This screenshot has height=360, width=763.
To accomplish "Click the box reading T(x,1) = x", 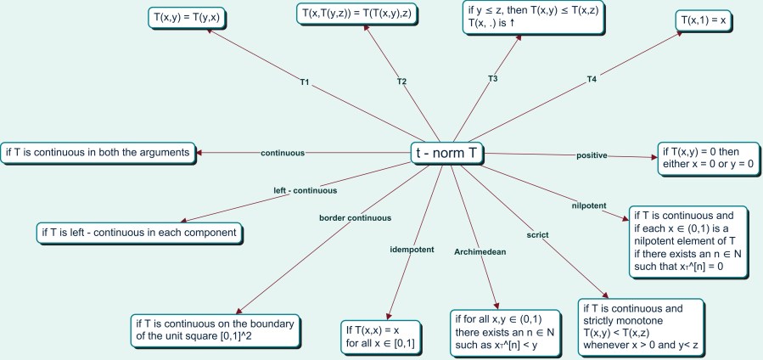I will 706,20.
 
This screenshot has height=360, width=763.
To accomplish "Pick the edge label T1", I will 304,83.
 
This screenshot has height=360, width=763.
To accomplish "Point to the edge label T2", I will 401,82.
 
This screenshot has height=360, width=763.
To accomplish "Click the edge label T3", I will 492,79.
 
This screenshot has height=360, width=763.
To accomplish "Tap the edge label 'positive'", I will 591,155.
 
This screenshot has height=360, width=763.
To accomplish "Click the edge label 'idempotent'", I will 411,250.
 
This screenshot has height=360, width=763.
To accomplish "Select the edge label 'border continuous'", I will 355,217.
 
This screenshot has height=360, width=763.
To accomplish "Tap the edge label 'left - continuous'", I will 305,190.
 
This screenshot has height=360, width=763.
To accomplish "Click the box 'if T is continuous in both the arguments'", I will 97,152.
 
